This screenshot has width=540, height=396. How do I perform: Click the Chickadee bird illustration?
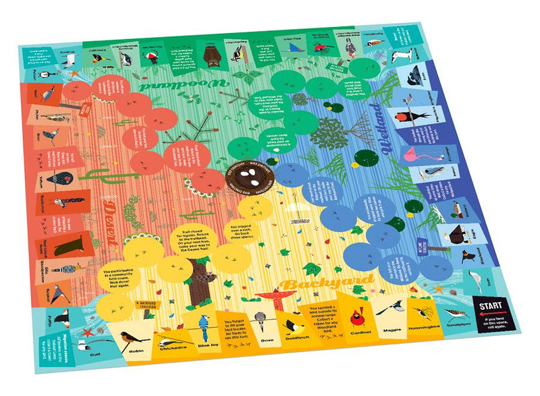click(x=169, y=334)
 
